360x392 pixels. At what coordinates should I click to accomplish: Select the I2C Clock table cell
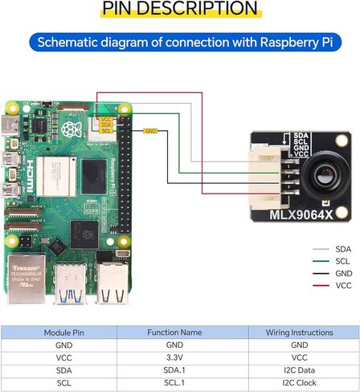pyautogui.click(x=299, y=383)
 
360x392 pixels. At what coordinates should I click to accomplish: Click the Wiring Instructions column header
pyautogui.click(x=299, y=332)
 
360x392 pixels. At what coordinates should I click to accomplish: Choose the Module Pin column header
pyautogui.click(x=60, y=332)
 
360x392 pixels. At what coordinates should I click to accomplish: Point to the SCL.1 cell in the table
pyautogui.click(x=179, y=383)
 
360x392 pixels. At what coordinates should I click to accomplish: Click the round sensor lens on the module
pyautogui.click(x=323, y=174)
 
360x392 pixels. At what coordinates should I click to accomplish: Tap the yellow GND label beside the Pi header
pyautogui.click(x=149, y=130)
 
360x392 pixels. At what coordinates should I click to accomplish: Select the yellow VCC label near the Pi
pyautogui.click(x=105, y=119)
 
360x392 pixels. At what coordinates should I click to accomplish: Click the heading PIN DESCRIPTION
pyautogui.click(x=180, y=10)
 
